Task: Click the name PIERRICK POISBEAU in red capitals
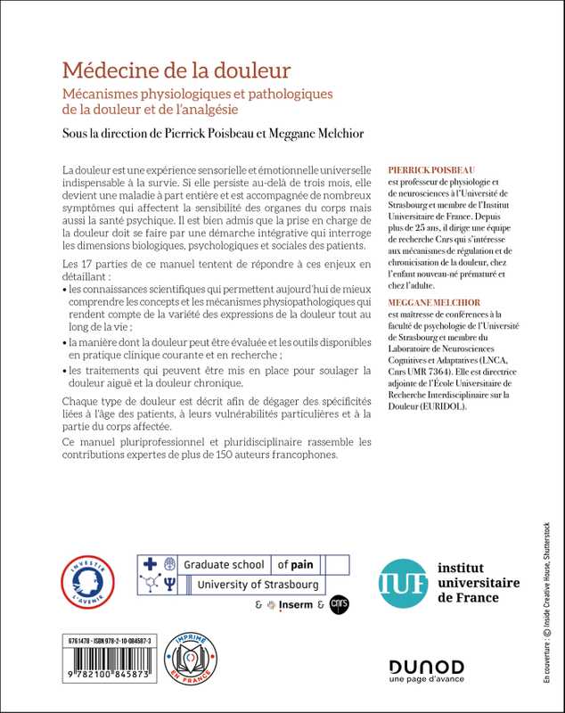[430, 168]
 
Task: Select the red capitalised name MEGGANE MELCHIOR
[433, 302]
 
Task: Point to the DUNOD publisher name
[426, 667]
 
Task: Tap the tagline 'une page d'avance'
[427, 683]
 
